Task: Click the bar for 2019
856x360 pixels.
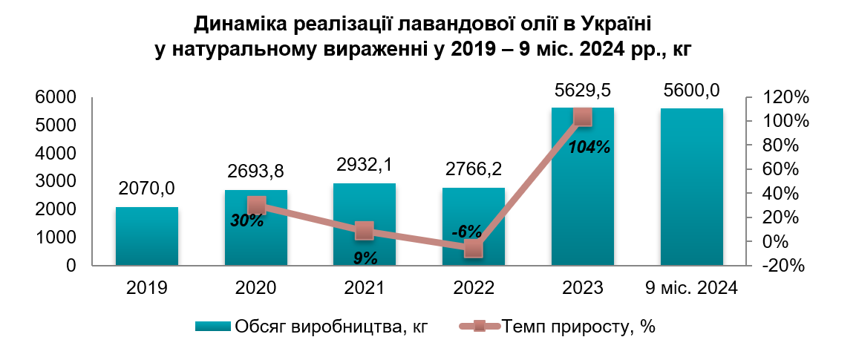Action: pyautogui.click(x=147, y=236)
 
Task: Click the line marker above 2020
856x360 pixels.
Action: pyautogui.click(x=257, y=206)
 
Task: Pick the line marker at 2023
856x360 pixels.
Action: pyautogui.click(x=583, y=117)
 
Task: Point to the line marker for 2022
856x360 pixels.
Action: pyautogui.click(x=474, y=249)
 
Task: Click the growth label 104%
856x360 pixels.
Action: pyautogui.click(x=589, y=147)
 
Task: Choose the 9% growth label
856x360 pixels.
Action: pyautogui.click(x=365, y=258)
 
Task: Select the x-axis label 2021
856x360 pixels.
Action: pyautogui.click(x=365, y=288)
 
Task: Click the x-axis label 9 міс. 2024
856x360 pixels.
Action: pyautogui.click(x=692, y=288)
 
